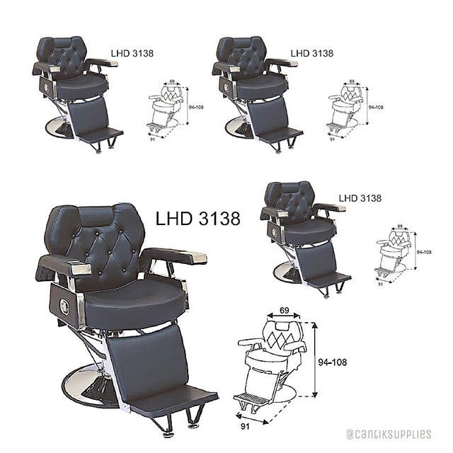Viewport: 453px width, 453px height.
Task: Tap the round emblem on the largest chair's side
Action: coord(64,306)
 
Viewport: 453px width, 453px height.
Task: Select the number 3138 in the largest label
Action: coord(217,219)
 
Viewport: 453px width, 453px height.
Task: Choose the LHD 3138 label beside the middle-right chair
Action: coord(360,198)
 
